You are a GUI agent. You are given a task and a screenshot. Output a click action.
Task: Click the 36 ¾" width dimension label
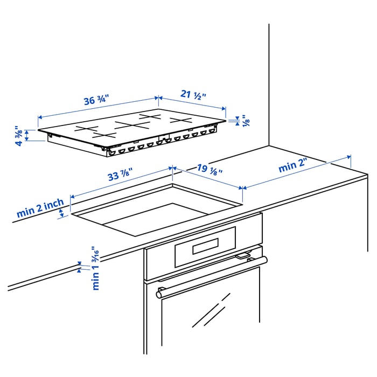96,100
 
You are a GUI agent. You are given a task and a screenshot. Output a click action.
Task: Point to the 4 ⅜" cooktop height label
19,135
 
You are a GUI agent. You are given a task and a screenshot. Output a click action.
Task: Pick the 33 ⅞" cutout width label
120,175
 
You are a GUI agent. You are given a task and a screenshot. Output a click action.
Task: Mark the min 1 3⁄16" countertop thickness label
96,268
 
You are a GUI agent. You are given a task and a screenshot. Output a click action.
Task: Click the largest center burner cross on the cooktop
132,125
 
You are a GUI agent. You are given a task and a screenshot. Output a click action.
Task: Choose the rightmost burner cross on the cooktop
181,120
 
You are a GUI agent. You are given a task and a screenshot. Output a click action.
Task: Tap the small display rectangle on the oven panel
205,247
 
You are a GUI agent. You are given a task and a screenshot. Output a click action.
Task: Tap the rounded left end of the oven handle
160,294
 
